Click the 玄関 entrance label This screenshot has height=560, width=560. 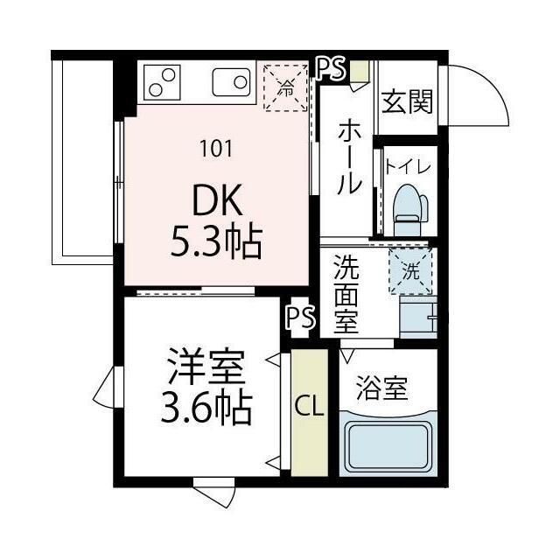point(407,102)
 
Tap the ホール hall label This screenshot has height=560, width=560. point(348,157)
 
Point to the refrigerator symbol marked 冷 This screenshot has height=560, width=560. point(285,86)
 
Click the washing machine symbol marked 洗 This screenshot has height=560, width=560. point(410,271)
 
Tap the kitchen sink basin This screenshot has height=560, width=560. point(231,83)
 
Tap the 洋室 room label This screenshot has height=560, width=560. point(206,367)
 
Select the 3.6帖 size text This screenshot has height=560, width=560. point(206,408)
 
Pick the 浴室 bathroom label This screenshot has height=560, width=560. point(382,388)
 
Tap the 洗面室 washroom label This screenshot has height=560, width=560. point(346,293)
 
